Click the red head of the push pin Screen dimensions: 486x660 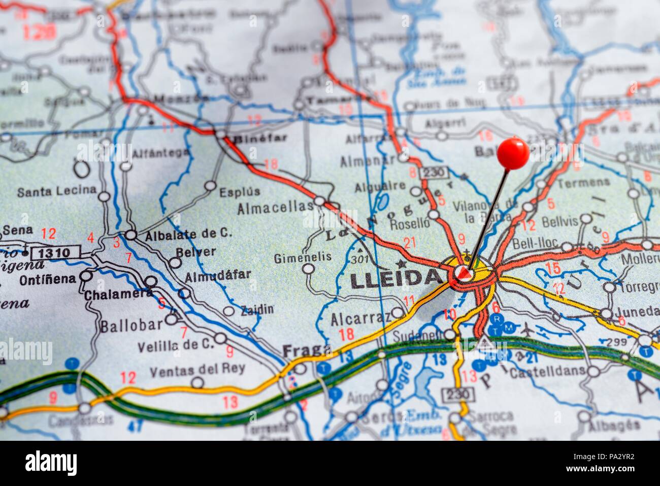click(x=513, y=153)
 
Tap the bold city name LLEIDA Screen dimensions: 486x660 click(x=396, y=279)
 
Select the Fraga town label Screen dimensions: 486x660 click(x=306, y=350)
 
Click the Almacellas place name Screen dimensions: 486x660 click(x=275, y=207)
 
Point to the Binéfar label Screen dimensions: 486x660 click(x=259, y=138)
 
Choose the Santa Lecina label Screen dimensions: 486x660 click(x=56, y=191)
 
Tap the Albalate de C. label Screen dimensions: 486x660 click(x=188, y=234)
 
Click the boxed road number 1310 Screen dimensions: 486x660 click(x=55, y=252)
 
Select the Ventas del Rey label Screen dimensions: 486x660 click(x=197, y=369)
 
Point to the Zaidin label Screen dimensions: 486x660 click(x=257, y=309)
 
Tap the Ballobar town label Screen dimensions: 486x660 click(x=131, y=326)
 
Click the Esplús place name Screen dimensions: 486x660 click(x=240, y=192)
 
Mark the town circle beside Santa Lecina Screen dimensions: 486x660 click(x=104, y=197)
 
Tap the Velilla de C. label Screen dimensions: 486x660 click(x=176, y=345)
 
